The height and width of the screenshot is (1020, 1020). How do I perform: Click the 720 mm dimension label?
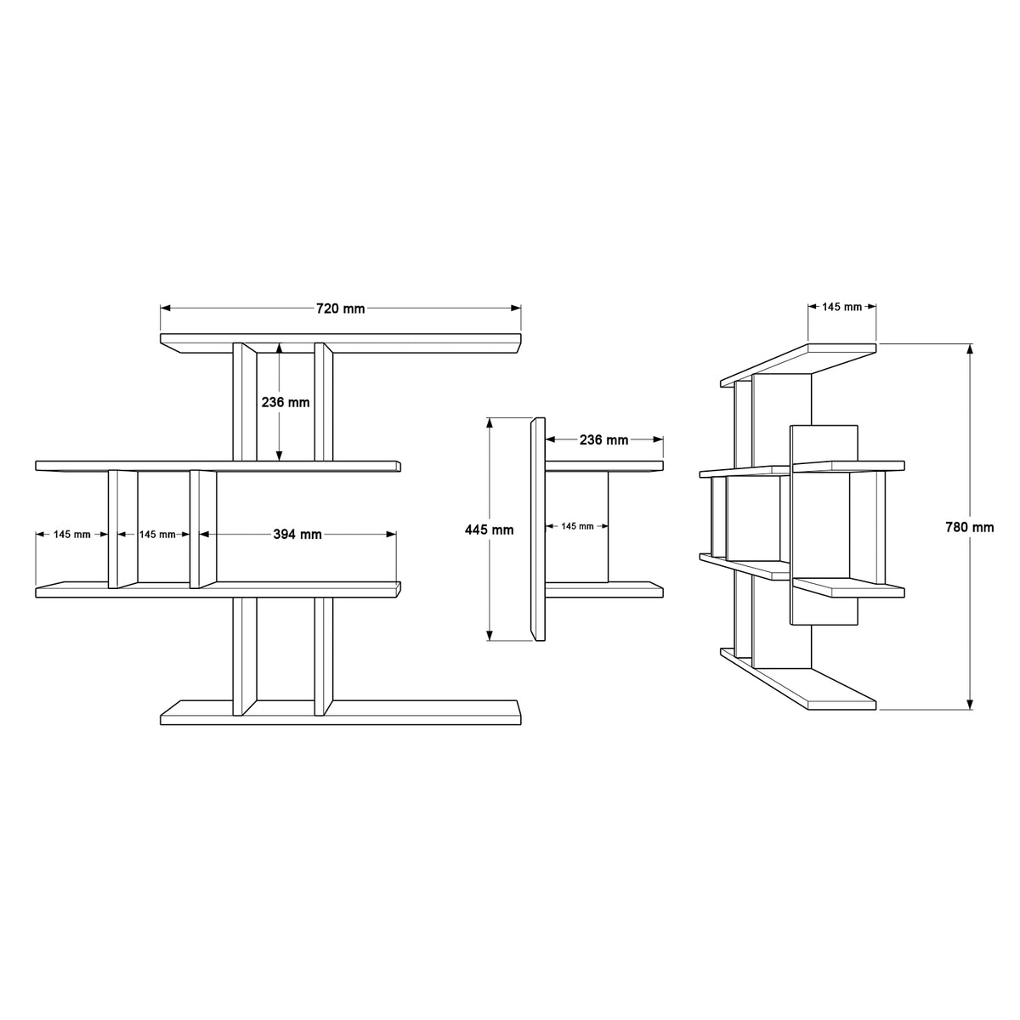tap(340, 309)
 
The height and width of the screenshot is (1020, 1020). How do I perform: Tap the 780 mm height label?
tap(970, 527)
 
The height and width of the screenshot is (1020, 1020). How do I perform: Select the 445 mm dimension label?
tap(489, 530)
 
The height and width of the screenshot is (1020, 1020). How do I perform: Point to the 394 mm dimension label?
tap(297, 535)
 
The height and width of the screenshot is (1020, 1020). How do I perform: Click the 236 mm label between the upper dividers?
tap(286, 402)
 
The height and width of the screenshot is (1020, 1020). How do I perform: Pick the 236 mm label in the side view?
tap(604, 439)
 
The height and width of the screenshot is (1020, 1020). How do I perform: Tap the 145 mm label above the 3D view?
tap(841, 307)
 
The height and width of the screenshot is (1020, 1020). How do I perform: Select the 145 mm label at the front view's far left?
tap(72, 535)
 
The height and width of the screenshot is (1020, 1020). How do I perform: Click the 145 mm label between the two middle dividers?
tap(157, 535)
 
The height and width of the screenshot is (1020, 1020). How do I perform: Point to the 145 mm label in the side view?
tap(577, 526)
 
